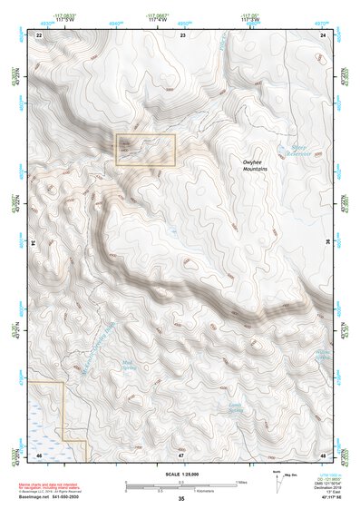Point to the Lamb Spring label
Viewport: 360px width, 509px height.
pyautogui.click(x=237, y=384)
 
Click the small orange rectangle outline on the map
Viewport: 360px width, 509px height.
pyautogui.click(x=144, y=150)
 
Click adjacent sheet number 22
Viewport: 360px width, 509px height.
pyautogui.click(x=39, y=34)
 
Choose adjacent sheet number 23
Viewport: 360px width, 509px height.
pyautogui.click(x=182, y=34)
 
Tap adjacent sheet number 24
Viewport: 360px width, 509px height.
pyautogui.click(x=324, y=34)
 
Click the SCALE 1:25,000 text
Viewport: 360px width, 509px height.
pyautogui.click(x=181, y=475)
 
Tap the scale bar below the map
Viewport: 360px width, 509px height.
pyautogui.click(x=181, y=485)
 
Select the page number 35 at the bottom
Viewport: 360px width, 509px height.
pyautogui.click(x=181, y=499)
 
